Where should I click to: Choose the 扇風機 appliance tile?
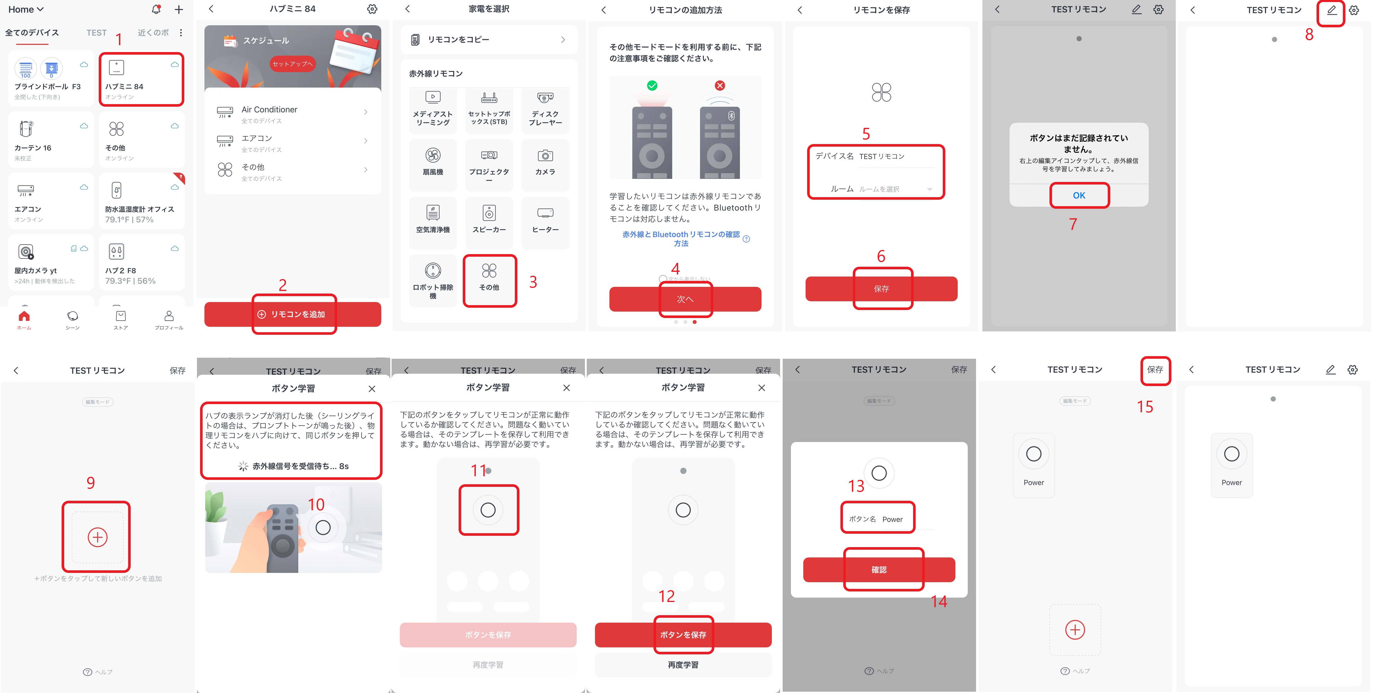click(433, 162)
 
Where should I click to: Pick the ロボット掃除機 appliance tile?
click(433, 280)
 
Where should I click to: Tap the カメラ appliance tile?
click(545, 162)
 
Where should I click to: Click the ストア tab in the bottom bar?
click(120, 320)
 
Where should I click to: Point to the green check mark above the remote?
click(652, 86)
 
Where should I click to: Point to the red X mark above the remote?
click(719, 86)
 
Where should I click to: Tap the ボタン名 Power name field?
click(878, 519)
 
